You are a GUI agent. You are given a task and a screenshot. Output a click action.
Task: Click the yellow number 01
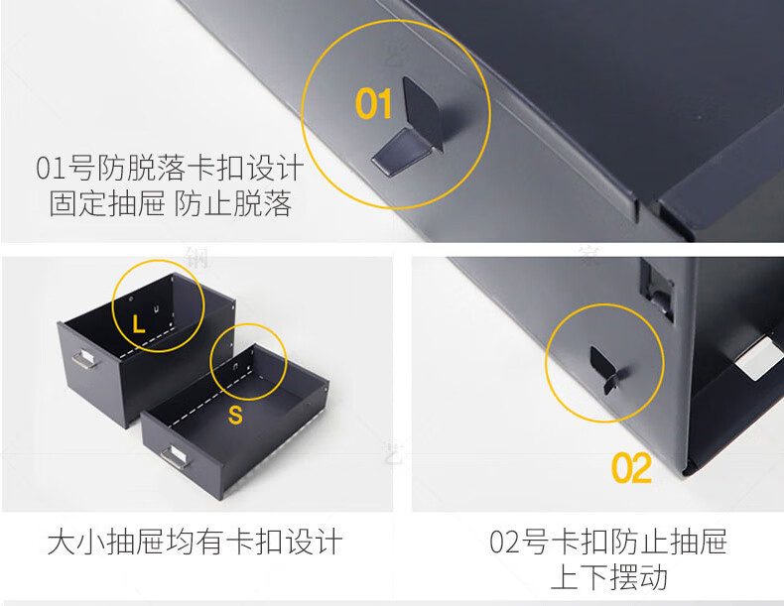[373, 103]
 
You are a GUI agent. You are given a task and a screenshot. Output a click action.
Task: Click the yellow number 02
[631, 467]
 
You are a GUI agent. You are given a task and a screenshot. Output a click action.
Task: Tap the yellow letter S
[235, 415]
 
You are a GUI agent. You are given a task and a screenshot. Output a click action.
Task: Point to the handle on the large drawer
[85, 359]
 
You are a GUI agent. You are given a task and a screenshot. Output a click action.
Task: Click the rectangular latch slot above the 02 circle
[657, 290]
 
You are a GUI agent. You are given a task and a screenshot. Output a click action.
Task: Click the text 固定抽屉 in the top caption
[106, 204]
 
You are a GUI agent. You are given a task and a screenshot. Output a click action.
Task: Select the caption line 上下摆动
[609, 577]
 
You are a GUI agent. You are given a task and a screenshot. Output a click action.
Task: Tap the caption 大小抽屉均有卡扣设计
[195, 543]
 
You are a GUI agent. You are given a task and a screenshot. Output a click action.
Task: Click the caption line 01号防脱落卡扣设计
[170, 168]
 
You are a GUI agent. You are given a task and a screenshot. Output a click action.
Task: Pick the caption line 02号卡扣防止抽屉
[608, 542]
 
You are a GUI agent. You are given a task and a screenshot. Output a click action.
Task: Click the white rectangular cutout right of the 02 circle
[758, 357]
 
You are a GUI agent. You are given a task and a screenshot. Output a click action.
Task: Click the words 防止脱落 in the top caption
[233, 204]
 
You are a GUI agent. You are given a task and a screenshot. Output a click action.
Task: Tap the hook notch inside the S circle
[236, 366]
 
